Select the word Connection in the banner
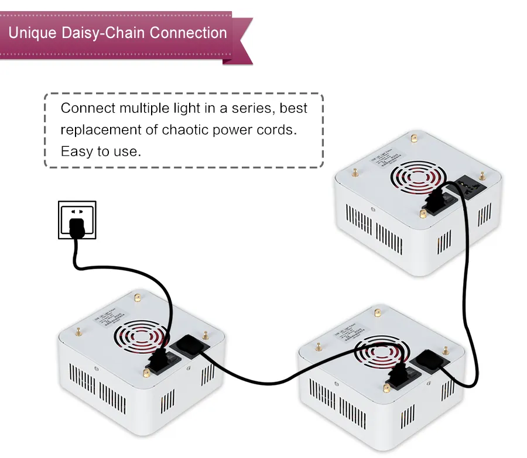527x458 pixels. (189, 32)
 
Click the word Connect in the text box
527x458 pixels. (88, 108)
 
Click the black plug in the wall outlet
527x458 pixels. (76, 226)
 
